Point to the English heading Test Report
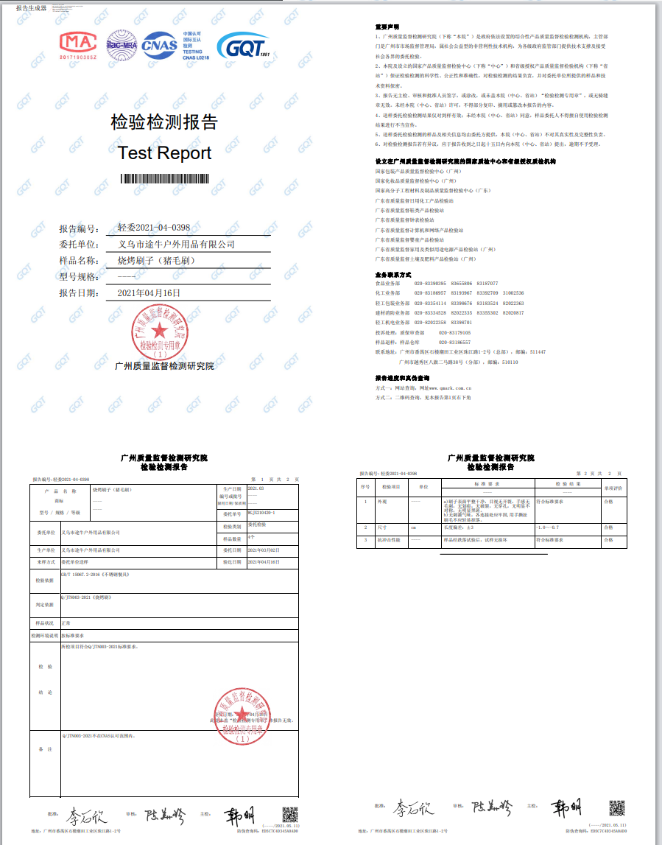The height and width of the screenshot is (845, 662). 164,153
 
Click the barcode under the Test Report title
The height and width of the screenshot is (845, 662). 164,178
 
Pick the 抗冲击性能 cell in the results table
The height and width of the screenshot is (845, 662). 391,540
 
